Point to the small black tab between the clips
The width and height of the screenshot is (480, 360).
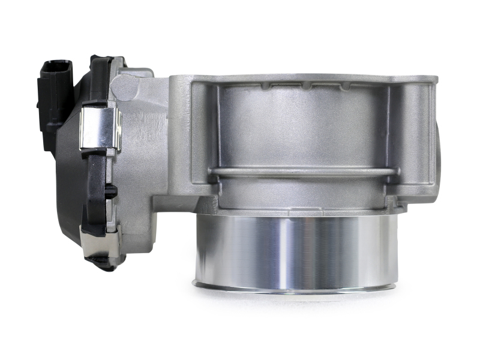tap(111, 191)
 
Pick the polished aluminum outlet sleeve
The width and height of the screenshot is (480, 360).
tap(294, 252)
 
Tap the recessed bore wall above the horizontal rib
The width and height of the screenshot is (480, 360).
tap(300, 129)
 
